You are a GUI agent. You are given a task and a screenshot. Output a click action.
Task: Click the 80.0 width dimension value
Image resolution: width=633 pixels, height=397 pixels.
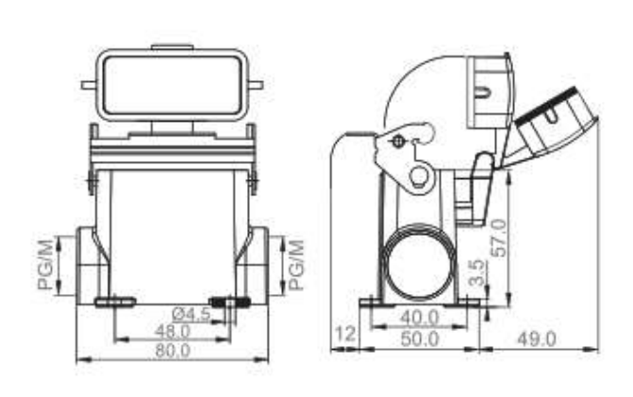173,350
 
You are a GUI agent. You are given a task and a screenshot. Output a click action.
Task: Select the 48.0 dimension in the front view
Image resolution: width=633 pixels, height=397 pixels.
173,332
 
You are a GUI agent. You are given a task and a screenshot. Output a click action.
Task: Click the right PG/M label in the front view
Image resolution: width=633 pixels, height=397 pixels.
295,264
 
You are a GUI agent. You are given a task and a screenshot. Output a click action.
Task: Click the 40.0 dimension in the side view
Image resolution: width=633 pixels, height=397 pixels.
419,318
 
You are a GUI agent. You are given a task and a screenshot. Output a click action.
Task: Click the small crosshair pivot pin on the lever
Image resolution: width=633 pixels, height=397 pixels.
397,142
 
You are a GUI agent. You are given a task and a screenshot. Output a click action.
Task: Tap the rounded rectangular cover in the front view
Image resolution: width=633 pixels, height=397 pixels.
173,87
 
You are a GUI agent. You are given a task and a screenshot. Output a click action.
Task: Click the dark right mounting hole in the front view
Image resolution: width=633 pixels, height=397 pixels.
229,302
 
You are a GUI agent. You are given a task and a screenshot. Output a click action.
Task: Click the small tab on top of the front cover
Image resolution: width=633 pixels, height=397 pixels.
173,47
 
